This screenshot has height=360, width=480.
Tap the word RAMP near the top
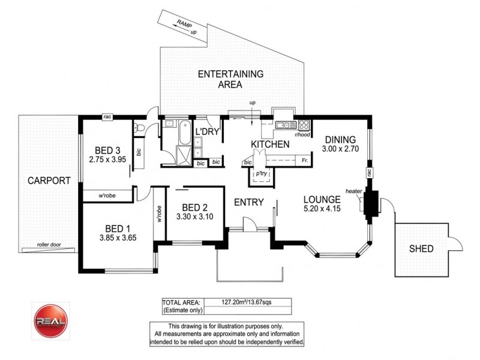(x=184, y=23)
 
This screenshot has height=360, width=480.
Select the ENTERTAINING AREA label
(x=230, y=79)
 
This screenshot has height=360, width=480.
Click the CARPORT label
(x=44, y=180)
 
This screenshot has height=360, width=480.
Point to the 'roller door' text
(x=50, y=245)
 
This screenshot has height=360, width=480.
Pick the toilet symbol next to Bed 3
(x=137, y=127)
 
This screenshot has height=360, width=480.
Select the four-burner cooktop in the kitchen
(x=304, y=126)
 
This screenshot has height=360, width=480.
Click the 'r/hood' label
(x=302, y=134)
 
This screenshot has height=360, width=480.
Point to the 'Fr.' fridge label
(x=305, y=161)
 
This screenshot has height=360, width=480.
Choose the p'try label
(x=261, y=173)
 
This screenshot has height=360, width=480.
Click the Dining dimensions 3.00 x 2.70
(x=340, y=149)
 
